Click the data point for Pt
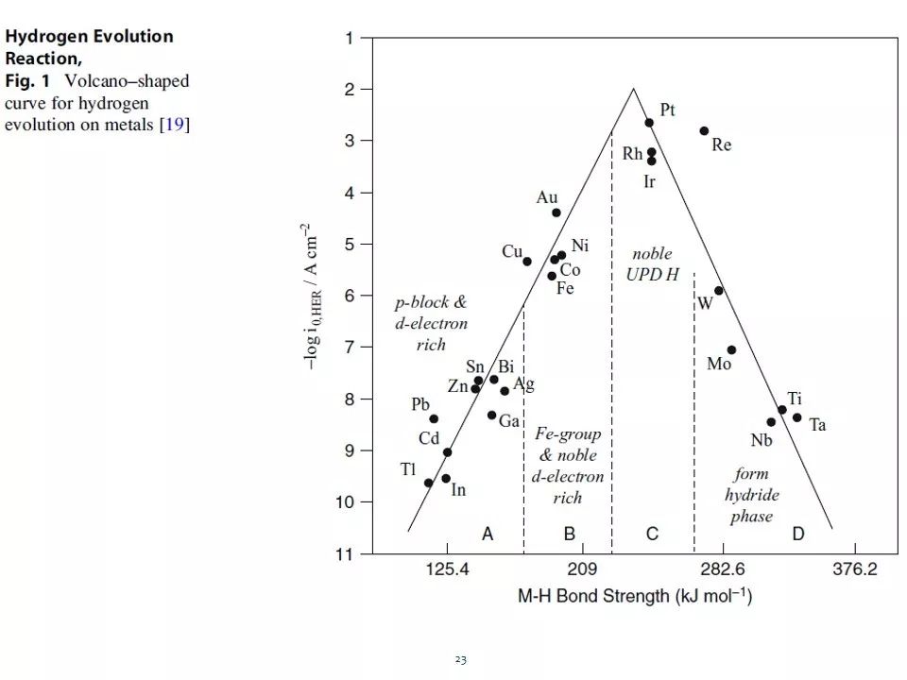pos(649,123)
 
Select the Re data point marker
pos(704,131)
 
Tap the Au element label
pos(547,197)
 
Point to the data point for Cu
pos(527,262)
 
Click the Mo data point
pos(731,350)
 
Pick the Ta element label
pos(817,425)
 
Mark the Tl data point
pos(428,483)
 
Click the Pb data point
pos(434,419)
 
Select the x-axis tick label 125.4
pos(447,570)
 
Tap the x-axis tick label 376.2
pos(855,570)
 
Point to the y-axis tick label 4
pos(351,193)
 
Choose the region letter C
pos(652,535)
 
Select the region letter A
pos(488,535)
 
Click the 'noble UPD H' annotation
pos(652,264)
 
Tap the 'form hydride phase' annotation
pos(752,495)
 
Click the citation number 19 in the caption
pos(174,125)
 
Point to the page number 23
pos(460,659)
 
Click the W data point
pos(719,291)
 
